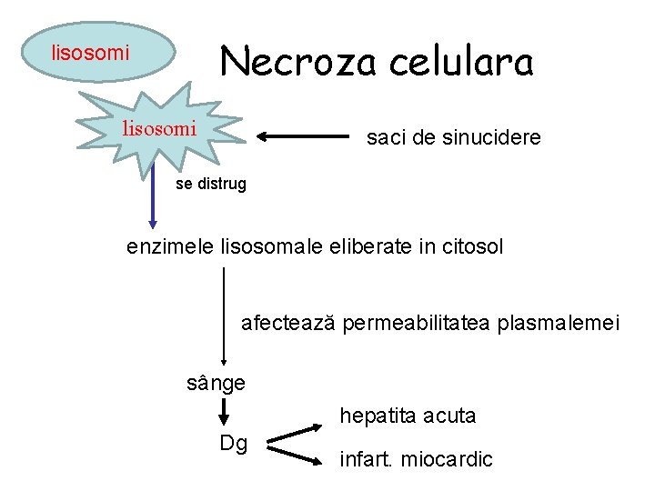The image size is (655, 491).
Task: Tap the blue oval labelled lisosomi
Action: pyautogui.click(x=90, y=53)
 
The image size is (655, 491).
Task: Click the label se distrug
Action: pyautogui.click(x=210, y=185)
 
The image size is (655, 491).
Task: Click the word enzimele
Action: pyautogui.click(x=171, y=246)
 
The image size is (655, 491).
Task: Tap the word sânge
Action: pyautogui.click(x=216, y=383)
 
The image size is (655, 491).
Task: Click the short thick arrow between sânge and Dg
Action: pyautogui.click(x=223, y=412)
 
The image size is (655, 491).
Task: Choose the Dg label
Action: pyautogui.click(x=234, y=443)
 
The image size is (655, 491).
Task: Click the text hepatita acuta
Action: pyautogui.click(x=408, y=416)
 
